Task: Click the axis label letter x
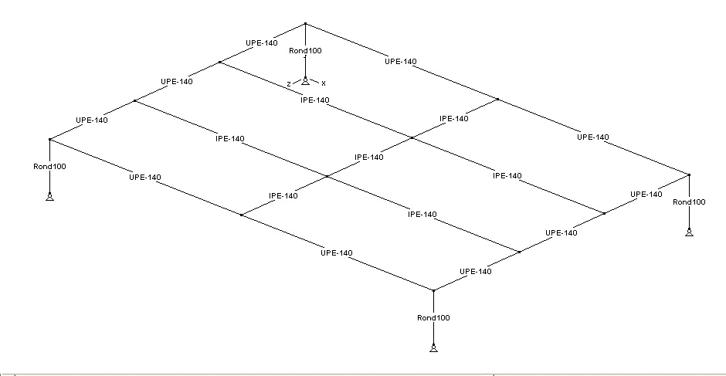click(x=324, y=83)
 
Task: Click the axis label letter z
click(x=288, y=83)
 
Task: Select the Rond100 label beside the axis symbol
click(x=305, y=51)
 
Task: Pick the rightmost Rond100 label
click(x=689, y=202)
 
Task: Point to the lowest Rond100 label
click(x=433, y=317)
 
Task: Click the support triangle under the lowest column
click(x=433, y=348)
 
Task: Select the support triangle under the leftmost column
click(x=49, y=196)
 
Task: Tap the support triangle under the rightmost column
click(x=689, y=232)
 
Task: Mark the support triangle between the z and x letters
click(x=306, y=80)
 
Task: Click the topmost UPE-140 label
click(x=261, y=42)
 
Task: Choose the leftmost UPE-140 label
click(x=92, y=120)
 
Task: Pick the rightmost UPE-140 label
click(x=646, y=195)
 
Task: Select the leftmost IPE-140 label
click(x=229, y=139)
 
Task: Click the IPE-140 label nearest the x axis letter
click(x=314, y=100)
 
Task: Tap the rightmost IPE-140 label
click(x=507, y=175)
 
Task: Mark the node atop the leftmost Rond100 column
click(x=49, y=139)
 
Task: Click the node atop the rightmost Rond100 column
click(x=689, y=175)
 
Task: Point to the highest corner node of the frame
click(x=306, y=24)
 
